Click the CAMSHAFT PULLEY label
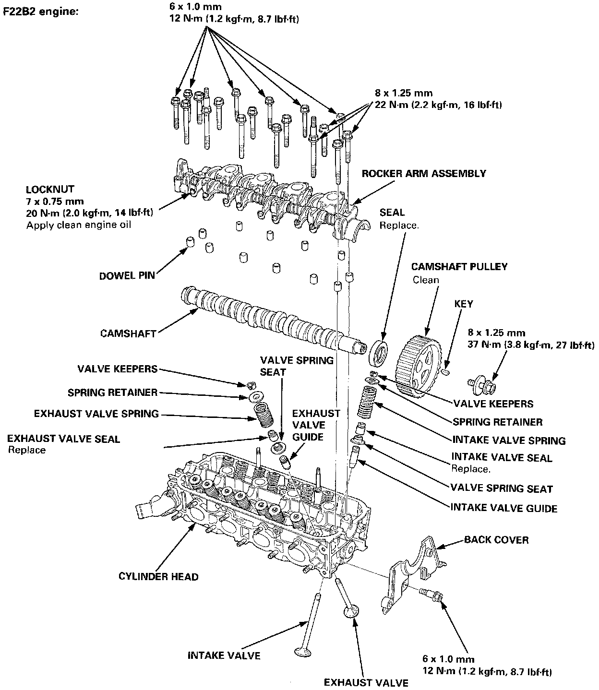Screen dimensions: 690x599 459,267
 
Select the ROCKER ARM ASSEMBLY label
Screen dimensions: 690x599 423,173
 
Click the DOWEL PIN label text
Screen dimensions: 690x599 127,276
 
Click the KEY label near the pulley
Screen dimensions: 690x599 463,304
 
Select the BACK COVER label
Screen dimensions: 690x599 496,540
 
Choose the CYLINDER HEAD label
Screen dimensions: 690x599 158,576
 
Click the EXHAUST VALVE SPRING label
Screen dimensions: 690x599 96,414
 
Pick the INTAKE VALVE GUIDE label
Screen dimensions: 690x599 503,508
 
